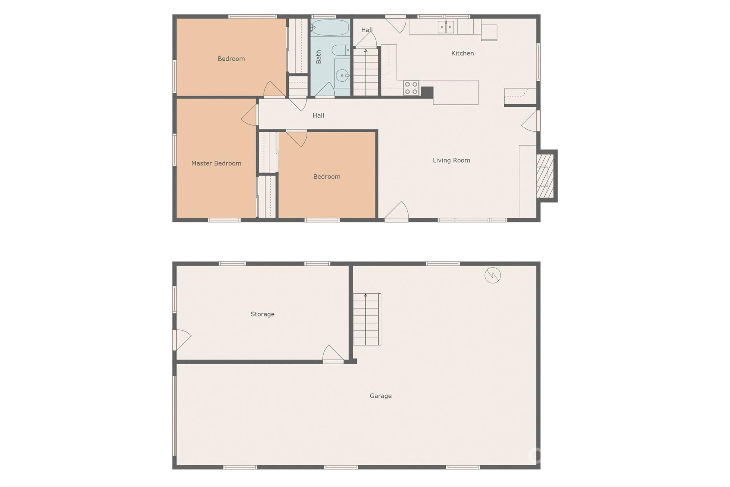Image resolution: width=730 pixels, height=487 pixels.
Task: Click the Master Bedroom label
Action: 216,163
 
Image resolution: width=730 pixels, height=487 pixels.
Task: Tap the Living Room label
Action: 451,161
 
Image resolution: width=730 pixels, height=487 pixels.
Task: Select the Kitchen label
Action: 462,54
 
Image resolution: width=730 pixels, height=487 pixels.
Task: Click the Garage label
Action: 380,396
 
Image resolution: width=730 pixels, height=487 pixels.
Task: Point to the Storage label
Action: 262,314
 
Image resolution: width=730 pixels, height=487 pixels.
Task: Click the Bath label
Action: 318,57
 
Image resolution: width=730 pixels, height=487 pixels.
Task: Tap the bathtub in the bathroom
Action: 330,27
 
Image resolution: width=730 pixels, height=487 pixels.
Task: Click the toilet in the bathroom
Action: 340,50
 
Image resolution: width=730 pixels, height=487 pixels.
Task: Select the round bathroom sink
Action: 342,75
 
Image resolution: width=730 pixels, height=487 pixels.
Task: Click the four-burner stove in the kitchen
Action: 411,88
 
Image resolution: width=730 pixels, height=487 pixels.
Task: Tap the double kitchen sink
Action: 446,27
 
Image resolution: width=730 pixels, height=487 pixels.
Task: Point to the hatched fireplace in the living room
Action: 545,176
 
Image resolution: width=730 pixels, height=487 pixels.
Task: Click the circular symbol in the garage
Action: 493,275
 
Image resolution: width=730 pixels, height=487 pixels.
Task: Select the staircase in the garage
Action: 366,319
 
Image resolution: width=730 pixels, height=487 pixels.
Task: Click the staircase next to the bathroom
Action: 366,72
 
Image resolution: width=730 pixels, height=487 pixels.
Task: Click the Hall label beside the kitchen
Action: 367,30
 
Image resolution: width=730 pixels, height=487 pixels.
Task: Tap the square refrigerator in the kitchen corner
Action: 489,32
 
